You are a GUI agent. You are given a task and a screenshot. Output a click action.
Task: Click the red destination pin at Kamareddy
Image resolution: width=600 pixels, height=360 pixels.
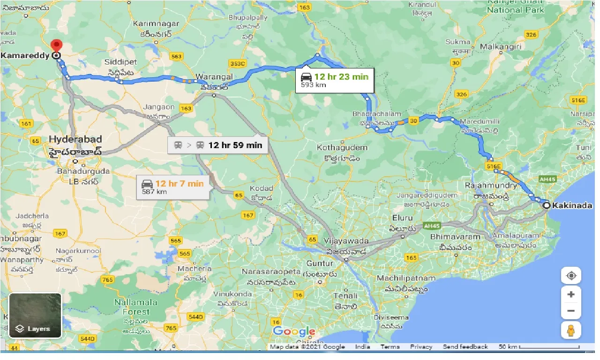(57, 46)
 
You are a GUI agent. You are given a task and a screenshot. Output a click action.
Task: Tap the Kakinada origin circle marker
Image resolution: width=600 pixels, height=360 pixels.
(547, 205)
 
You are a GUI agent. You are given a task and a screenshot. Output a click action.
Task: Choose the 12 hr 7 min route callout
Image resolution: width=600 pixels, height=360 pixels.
(173, 187)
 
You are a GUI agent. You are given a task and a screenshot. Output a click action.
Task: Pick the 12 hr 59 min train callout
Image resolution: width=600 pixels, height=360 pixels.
(218, 145)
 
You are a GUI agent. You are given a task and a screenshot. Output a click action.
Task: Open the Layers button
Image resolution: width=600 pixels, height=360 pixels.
(35, 315)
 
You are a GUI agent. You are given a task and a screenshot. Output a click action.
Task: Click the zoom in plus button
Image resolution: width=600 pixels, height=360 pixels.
(571, 295)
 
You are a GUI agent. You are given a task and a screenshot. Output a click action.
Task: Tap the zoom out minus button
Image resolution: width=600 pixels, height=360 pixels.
(571, 310)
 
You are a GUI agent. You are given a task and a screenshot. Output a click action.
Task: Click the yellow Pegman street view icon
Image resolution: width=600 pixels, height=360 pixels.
(571, 330)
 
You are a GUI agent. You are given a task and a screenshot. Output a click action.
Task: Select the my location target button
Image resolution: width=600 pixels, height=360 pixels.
(571, 275)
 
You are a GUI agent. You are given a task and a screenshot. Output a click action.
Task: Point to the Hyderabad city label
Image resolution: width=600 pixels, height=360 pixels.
(75, 139)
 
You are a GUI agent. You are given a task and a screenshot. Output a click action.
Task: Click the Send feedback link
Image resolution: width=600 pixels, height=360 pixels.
(465, 347)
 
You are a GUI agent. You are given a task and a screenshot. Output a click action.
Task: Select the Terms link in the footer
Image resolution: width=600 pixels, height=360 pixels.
(390, 347)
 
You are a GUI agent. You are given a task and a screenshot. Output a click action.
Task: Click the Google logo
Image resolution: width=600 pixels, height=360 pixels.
(294, 332)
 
